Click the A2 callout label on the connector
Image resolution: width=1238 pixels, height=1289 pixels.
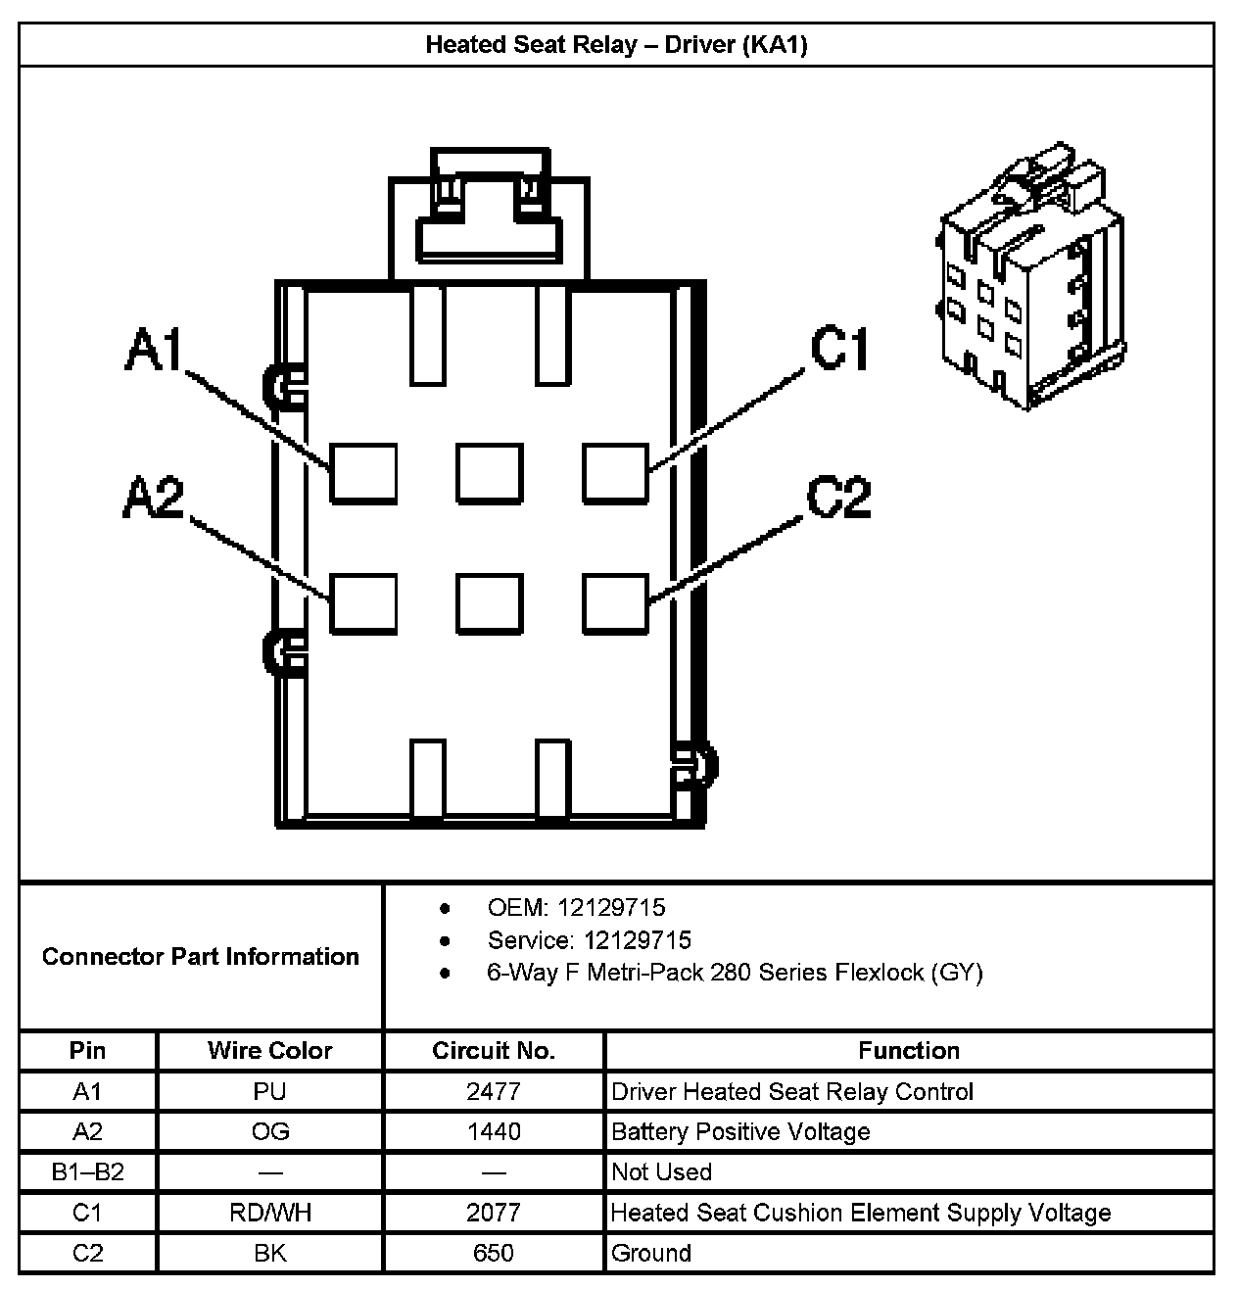point(154,497)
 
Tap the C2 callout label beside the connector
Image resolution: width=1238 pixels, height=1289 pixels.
point(838,497)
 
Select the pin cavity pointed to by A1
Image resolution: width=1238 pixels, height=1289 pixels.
point(363,473)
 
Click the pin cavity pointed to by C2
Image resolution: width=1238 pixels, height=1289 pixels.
point(615,602)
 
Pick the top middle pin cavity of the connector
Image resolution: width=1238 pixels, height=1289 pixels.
point(489,473)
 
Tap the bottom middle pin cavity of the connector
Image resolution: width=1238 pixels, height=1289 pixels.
point(489,602)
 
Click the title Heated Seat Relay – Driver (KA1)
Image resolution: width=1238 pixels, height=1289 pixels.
point(616,45)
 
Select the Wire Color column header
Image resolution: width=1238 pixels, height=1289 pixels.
point(269,1051)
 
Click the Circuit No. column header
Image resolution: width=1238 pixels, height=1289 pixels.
point(494,1051)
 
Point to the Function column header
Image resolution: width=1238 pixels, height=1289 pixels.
point(909,1051)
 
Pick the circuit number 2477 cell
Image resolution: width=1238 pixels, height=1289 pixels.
point(494,1091)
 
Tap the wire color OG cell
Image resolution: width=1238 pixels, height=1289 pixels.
point(269,1132)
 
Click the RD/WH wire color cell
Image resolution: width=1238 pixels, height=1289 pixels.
point(269,1213)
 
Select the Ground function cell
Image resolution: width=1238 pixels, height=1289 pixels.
point(651,1253)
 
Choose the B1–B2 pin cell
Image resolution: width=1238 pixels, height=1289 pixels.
point(87,1172)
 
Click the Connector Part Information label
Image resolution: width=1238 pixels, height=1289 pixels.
point(201,956)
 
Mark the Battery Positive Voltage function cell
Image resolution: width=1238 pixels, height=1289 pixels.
point(740,1132)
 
